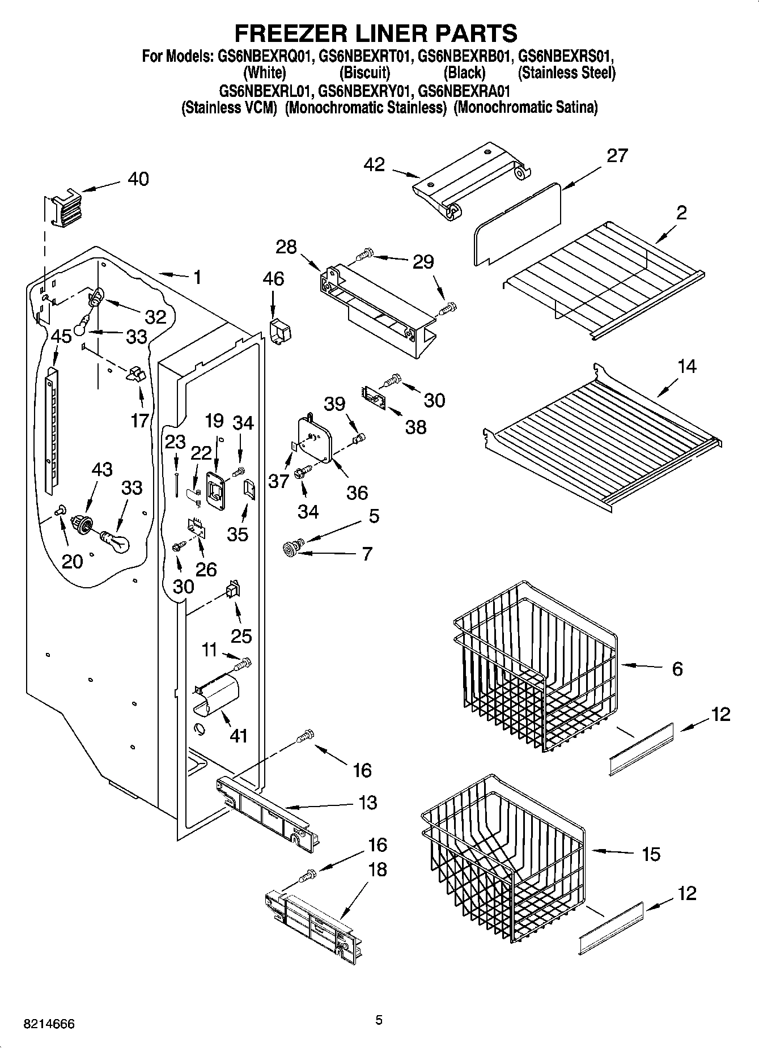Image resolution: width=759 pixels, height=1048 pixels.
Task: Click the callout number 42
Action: [375, 165]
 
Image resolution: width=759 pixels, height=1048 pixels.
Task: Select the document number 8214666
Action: [49, 1024]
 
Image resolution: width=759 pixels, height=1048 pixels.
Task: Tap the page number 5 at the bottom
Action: [379, 1020]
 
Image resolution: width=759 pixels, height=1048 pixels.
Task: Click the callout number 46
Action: [273, 279]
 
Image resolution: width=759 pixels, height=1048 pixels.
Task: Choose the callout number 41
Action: [238, 735]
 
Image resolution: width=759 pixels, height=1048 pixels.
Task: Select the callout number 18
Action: [377, 869]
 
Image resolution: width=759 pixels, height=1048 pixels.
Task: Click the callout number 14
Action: [686, 367]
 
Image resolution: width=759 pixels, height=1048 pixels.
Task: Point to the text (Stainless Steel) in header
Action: [566, 73]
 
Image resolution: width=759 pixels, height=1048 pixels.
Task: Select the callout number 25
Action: [241, 635]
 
